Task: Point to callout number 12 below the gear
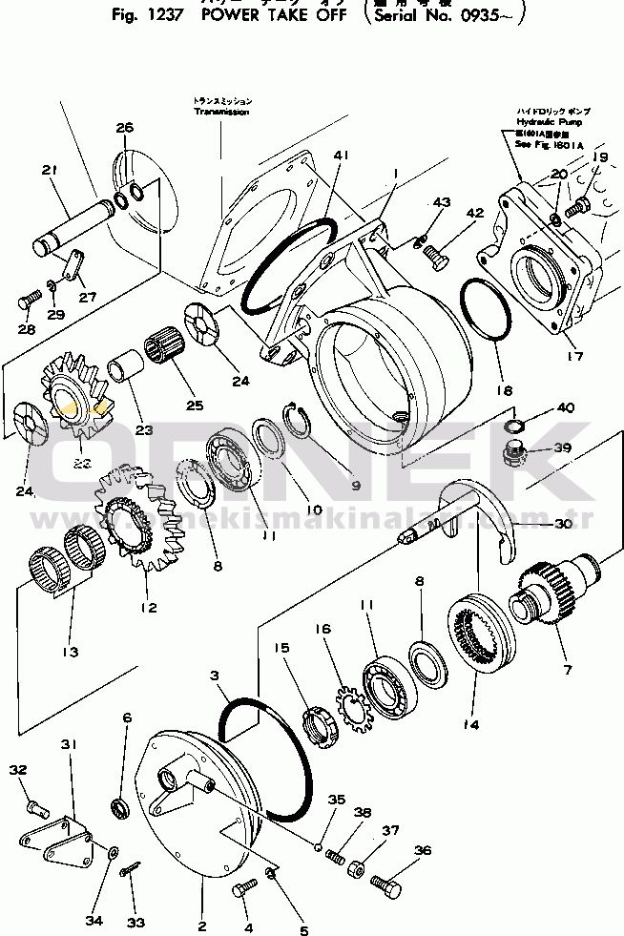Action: pyautogui.click(x=146, y=608)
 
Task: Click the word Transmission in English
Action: pyautogui.click(x=221, y=113)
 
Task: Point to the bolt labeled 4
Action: pyautogui.click(x=241, y=890)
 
